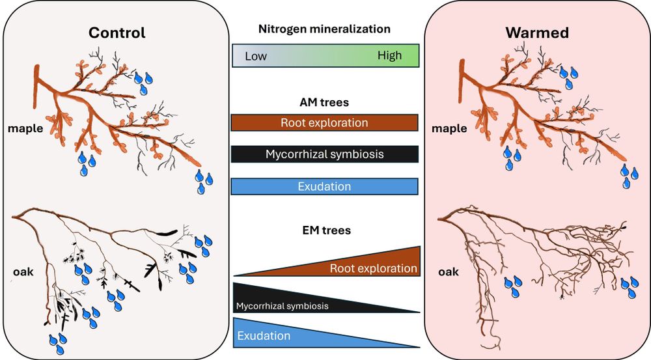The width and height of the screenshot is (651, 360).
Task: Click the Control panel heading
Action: pos(117,33)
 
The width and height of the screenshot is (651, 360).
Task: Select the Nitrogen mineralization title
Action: pos(324,29)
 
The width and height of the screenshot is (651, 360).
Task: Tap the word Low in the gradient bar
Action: pos(256,56)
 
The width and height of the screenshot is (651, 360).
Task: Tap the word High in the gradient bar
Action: pos(390,55)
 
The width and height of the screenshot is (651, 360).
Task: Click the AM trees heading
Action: pos(324,102)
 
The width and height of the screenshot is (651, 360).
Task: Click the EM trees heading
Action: pos(324,230)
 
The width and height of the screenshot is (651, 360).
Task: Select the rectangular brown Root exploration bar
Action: pos(324,122)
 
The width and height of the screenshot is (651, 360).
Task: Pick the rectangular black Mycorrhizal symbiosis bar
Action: pos(324,154)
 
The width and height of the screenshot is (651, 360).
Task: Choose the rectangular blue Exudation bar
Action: pos(324,186)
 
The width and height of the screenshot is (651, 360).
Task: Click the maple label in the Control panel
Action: pos(25,128)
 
